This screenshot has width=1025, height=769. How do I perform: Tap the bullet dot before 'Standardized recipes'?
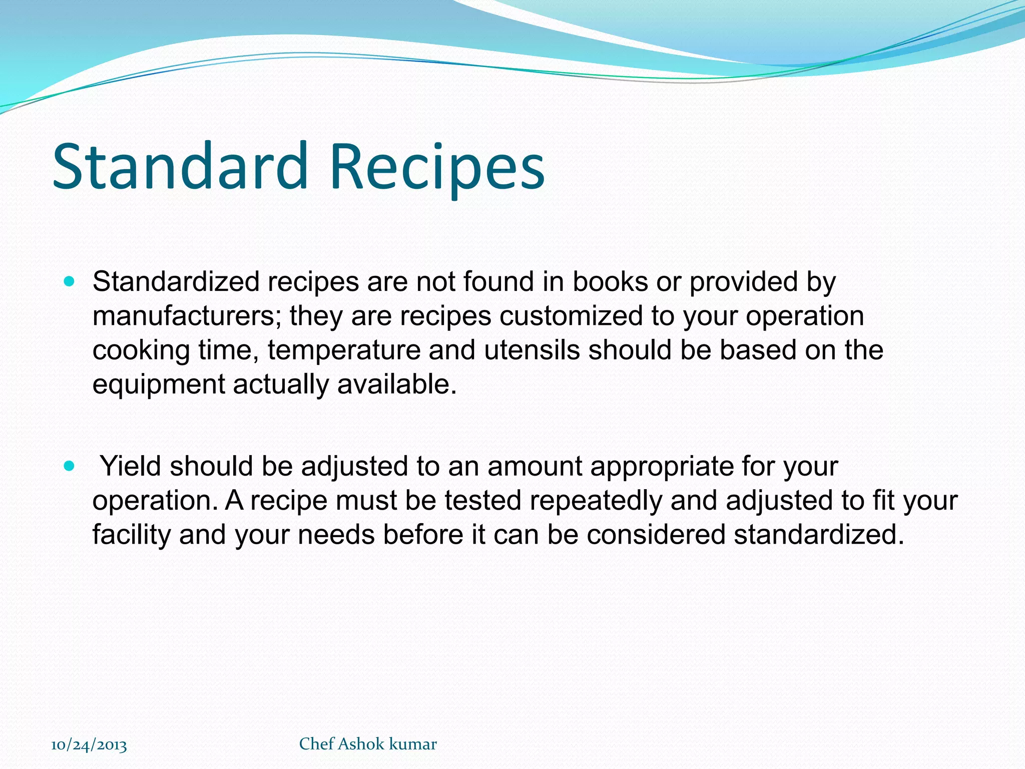point(69,282)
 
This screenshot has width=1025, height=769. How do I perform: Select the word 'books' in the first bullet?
point(610,282)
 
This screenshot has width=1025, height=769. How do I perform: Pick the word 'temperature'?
point(344,350)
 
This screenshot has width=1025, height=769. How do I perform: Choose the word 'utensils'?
point(532,350)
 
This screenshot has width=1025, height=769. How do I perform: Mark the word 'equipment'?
point(159,384)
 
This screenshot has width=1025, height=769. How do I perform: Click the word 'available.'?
point(397,384)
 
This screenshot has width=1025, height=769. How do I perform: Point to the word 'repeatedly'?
point(596,501)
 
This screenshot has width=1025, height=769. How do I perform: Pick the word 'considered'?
point(656,535)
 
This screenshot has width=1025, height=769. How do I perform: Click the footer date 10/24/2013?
point(89,745)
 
